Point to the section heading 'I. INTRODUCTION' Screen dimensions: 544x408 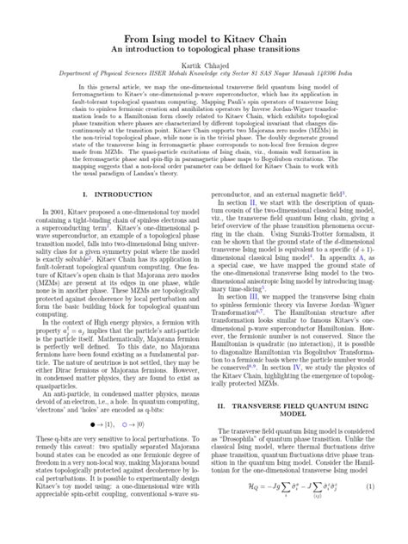[x=108, y=196]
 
